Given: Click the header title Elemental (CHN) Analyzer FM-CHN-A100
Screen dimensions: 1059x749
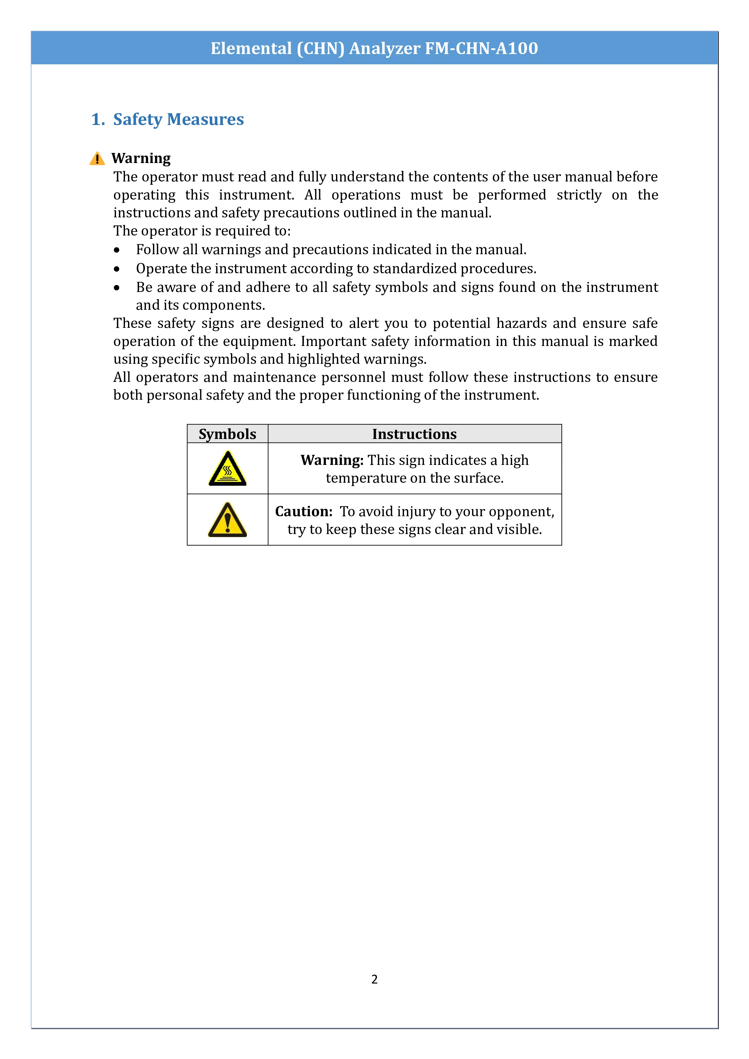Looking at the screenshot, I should tap(374, 48).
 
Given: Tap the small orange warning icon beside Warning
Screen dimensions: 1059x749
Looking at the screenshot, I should tap(97, 159).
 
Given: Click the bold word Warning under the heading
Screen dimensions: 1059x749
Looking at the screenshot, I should tap(141, 158).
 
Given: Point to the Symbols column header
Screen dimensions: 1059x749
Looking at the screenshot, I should tap(227, 434).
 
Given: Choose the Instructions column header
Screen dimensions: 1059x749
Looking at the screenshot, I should tap(414, 434).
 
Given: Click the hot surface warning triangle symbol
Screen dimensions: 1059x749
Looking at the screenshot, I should tap(227, 469).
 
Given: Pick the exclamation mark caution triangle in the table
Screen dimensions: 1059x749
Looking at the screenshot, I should tap(227, 520).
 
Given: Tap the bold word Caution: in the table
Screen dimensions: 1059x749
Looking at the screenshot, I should tap(303, 511).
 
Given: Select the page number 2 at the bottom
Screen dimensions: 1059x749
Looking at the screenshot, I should tap(374, 979).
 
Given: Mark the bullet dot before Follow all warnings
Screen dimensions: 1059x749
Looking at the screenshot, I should tap(117, 250).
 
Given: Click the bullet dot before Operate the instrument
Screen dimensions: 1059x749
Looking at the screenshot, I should tap(117, 269).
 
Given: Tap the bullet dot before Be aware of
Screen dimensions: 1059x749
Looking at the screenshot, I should tap(117, 288).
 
